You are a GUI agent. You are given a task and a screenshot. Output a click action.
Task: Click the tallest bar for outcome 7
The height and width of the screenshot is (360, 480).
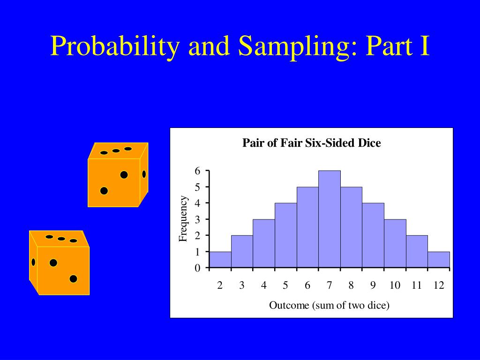329,219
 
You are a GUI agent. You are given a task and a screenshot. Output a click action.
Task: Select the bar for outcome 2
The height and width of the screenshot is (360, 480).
220,260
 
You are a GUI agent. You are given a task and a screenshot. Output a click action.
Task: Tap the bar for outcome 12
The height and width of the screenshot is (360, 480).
439,260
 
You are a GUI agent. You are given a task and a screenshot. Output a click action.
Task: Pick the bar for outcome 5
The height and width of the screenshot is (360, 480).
285,235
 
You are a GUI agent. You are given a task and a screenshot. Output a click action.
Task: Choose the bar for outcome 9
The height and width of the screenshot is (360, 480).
373,235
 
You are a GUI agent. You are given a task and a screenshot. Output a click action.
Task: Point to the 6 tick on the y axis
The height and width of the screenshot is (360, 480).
198,171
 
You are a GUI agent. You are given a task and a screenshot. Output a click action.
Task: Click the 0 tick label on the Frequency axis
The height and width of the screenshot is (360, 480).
198,268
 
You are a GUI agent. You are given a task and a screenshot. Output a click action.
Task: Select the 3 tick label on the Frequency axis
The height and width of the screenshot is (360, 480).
198,219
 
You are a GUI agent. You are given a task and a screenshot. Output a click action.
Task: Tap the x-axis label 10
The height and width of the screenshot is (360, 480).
395,285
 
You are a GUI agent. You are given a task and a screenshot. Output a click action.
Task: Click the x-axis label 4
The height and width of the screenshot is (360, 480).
264,285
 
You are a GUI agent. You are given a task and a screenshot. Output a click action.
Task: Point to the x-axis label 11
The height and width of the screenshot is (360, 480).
417,285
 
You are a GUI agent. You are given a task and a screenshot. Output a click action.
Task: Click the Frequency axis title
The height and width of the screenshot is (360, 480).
183,219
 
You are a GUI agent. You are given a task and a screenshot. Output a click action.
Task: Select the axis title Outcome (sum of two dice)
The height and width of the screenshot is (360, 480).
329,306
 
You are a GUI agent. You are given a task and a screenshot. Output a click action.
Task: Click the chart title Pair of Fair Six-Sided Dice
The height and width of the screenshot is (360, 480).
312,143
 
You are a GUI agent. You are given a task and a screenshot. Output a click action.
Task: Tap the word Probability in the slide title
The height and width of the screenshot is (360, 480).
114,47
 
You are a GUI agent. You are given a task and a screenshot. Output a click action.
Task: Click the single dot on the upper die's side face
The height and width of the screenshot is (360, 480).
144,174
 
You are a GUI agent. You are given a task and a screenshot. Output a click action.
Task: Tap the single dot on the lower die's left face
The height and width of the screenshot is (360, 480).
33,262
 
